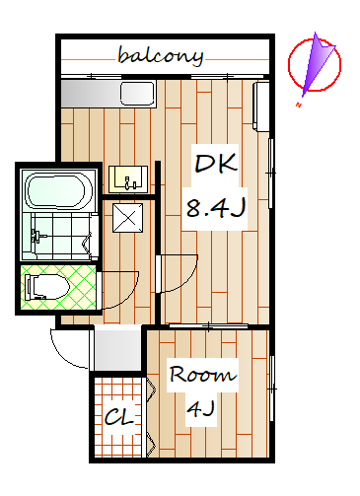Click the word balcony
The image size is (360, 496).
tap(161, 56)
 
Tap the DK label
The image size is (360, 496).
tap(216, 163)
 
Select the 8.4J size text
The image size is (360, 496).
tap(216, 208)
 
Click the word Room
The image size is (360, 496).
tap(202, 374)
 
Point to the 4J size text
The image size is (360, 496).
tap(200, 408)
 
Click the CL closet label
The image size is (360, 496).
tap(119, 417)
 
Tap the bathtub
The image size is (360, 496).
tap(55, 190)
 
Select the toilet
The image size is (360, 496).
tap(47, 287)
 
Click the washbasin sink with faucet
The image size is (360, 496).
tap(128, 179)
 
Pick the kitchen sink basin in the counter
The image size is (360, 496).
tap(137, 94)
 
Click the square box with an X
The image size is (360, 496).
tap(127, 218)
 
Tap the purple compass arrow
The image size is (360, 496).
tap(316, 64)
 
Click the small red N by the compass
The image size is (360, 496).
tap(299, 106)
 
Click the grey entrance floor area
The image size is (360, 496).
tap(117, 348)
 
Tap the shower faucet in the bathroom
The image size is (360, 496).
tap(36, 236)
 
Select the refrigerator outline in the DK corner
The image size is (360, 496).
tap(261, 106)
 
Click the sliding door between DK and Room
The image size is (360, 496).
tap(208, 326)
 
